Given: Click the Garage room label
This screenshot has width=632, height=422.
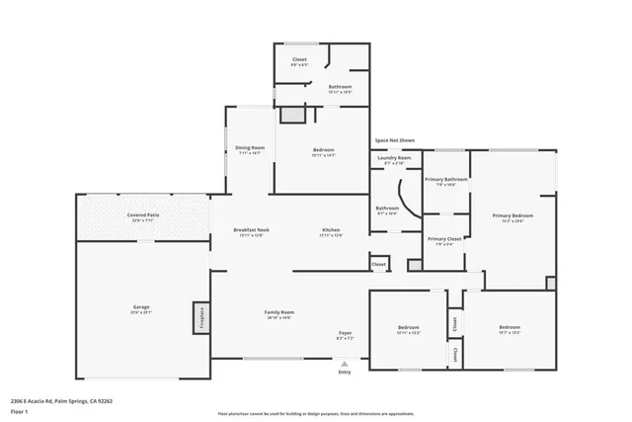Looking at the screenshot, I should pos(142,307).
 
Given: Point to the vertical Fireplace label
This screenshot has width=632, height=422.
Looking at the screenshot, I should pos(201,317).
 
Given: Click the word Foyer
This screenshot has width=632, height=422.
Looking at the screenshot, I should pos(346,333).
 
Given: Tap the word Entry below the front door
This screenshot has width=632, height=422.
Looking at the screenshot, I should pos(345,372).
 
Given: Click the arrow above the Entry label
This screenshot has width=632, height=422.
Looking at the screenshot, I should pos(345,364).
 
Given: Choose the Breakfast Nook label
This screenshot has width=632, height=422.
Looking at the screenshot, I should pos(249,230).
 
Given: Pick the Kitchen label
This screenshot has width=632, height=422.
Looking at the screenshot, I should pos(331,230).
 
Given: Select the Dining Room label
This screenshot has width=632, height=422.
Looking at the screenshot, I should pos(250,147).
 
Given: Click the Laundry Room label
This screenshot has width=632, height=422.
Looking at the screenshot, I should pos(395,157).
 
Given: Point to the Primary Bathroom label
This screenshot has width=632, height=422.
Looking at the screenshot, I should pos(446,179).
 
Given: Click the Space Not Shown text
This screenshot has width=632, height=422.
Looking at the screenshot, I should pos(394,139).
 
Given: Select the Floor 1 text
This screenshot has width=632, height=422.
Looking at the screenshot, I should pos(19,410).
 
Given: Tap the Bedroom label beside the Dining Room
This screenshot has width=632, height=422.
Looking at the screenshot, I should pos(324,150).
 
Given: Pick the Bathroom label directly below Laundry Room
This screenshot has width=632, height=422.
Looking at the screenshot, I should pos(386,208).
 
